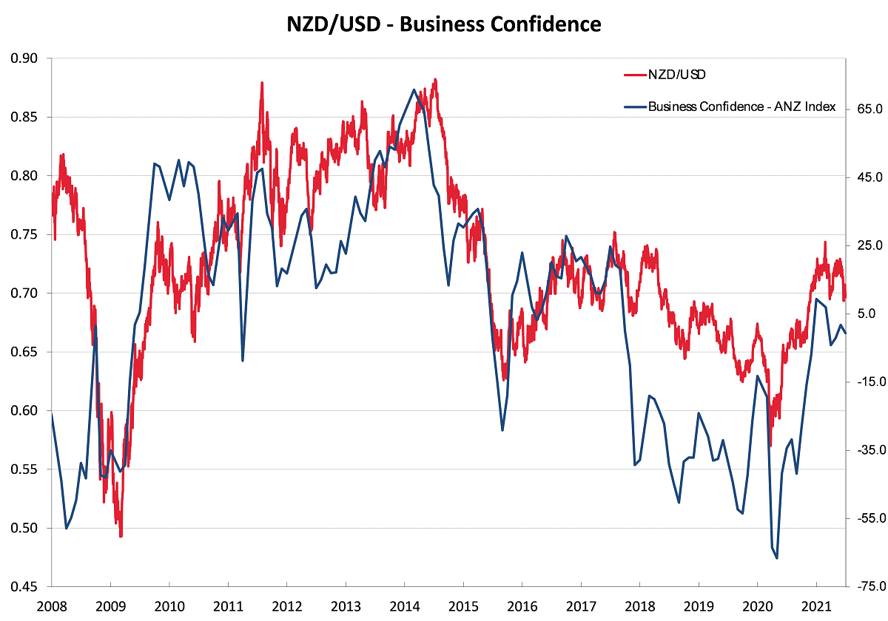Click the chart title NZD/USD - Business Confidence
444,24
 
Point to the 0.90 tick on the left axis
26,58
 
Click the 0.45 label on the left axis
26,587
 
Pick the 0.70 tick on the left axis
26,293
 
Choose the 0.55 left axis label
26,469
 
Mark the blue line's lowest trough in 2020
777,557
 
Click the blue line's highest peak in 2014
414,89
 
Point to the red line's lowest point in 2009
121,536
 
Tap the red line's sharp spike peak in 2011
262,83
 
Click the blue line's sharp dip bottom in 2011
243,361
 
